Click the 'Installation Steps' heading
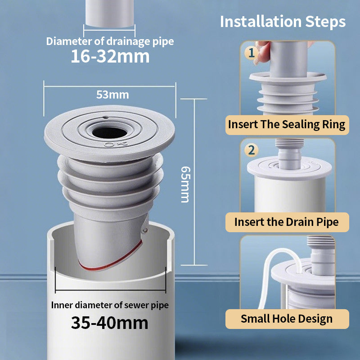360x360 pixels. pyautogui.click(x=283, y=22)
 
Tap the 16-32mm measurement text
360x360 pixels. pyautogui.click(x=110, y=56)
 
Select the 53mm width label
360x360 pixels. pyautogui.click(x=112, y=94)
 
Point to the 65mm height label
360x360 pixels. pyautogui.click(x=185, y=184)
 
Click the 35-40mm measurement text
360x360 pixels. pyautogui.click(x=110, y=323)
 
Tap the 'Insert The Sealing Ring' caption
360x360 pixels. pyautogui.click(x=287, y=125)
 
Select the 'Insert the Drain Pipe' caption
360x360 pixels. pyautogui.click(x=287, y=222)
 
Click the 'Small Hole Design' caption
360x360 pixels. pyautogui.click(x=287, y=319)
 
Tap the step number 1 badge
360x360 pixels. pyautogui.click(x=251, y=53)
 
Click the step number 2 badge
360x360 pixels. pyautogui.click(x=252, y=150)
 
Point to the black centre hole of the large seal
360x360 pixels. pyautogui.click(x=110, y=132)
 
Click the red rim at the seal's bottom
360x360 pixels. pyautogui.click(x=111, y=257)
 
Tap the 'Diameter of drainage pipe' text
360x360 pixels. pyautogui.click(x=110, y=41)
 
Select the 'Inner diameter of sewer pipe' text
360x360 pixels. pyautogui.click(x=110, y=305)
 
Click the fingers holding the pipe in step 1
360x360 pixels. pyautogui.click(x=262, y=53)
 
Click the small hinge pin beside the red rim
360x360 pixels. pyautogui.click(x=145, y=230)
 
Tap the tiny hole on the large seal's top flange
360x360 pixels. pyautogui.click(x=105, y=117)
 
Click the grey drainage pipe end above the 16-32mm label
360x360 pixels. pyautogui.click(x=109, y=13)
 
